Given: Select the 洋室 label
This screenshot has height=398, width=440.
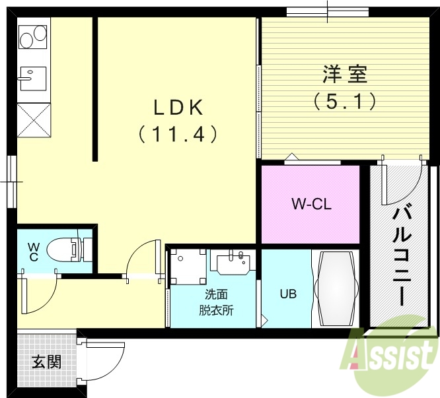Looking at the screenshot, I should (344, 74).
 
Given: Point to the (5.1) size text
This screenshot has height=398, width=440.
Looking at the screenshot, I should (344, 101).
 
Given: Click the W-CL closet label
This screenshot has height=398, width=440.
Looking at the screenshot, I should (311, 204).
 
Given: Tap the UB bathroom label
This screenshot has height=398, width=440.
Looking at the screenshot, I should (287, 294).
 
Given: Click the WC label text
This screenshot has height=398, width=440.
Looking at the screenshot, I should (32, 253).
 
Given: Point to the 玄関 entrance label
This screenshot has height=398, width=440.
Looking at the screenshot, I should (46, 362).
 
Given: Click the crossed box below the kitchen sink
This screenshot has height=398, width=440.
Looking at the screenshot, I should (33, 119).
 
